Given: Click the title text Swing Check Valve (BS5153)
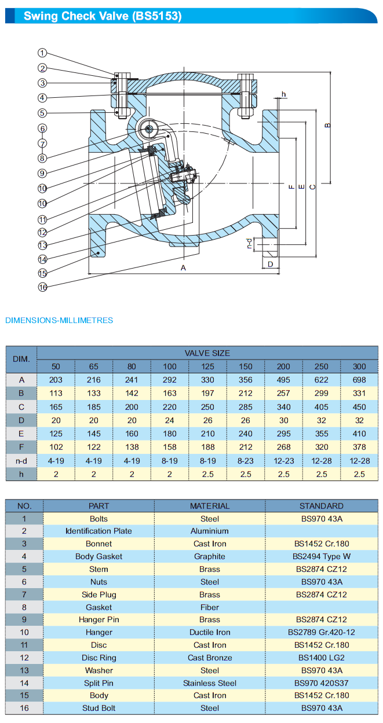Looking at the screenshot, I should [103, 16].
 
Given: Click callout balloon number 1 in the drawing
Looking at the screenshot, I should [42, 53].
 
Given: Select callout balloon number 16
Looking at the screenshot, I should [42, 287].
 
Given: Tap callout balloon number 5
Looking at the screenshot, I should [42, 113].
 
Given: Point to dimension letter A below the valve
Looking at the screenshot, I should [184, 267].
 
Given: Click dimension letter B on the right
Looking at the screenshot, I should [327, 125].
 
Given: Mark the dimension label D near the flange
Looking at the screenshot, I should [270, 264].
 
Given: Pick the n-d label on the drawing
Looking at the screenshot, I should [250, 244].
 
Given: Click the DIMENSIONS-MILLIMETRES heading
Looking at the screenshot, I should [59, 320].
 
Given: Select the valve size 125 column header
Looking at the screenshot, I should [207, 366].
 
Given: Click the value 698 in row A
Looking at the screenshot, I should [359, 380].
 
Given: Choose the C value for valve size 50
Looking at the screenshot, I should [56, 407].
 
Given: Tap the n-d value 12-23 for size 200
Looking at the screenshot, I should [283, 460].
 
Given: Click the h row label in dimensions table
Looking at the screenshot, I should [21, 474].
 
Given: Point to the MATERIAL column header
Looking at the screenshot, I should [210, 506].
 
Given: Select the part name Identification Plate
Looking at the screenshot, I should [99, 531].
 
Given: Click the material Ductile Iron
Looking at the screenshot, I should [210, 633].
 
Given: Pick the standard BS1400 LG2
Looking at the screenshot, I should [322, 658].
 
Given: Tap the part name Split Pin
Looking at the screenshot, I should [99, 683].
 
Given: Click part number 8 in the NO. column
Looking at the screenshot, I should [24, 607].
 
